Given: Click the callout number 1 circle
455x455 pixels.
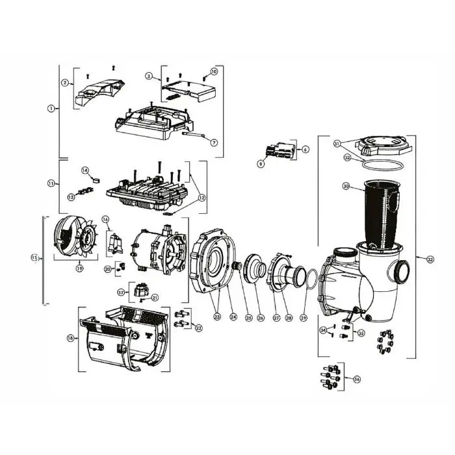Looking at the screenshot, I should [x=50, y=109].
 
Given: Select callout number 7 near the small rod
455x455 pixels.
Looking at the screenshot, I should [x=214, y=142].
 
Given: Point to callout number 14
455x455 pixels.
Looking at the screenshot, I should [x=85, y=170].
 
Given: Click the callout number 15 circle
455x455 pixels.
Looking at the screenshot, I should [x=35, y=258].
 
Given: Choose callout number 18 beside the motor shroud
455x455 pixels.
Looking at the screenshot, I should [x=70, y=339].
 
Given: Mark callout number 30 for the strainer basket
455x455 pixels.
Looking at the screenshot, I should [x=346, y=187].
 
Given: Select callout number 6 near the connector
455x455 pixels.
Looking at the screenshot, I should [x=305, y=149].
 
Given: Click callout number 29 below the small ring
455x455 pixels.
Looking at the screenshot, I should [x=303, y=318].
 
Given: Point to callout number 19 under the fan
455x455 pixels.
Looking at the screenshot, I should [x=79, y=267].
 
